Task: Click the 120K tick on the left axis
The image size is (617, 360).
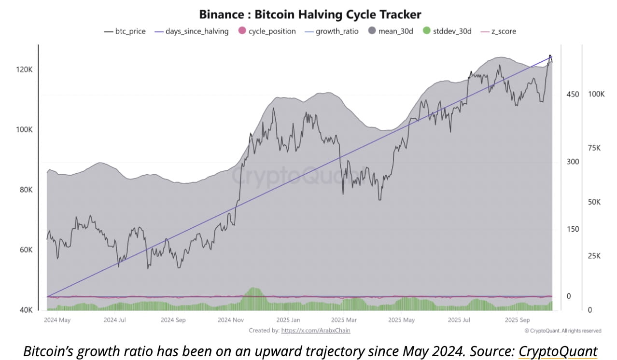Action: tap(24, 69)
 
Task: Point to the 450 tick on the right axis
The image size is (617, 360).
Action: tap(573, 94)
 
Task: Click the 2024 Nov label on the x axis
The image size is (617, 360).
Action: tap(231, 320)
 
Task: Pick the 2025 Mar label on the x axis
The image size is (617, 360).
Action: tap(344, 320)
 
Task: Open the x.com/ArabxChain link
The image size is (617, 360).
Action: tap(315, 331)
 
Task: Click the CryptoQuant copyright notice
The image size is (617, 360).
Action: tap(562, 331)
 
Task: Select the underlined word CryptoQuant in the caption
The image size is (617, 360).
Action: tap(558, 351)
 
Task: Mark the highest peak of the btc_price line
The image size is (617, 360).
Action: tap(549, 55)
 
